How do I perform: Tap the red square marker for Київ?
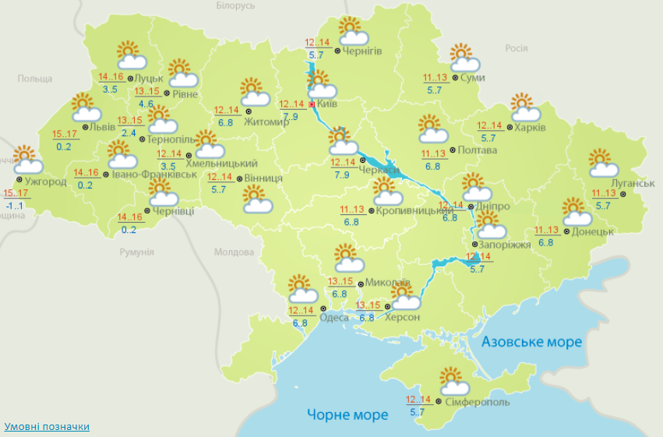[312, 104]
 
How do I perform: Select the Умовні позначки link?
[47, 427]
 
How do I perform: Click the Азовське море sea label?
[531, 342]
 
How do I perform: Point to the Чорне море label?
[347, 414]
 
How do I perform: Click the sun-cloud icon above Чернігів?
[353, 31]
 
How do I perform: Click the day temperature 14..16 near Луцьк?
[111, 76]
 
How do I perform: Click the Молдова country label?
[234, 252]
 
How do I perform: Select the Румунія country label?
[137, 252]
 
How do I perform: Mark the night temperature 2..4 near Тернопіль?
[129, 133]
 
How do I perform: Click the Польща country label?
[34, 79]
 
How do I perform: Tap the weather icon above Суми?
[464, 58]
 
